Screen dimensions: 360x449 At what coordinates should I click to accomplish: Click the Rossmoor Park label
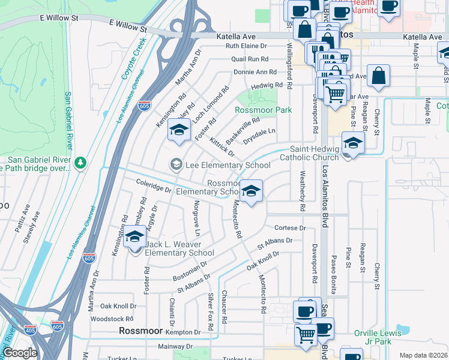click(264, 110)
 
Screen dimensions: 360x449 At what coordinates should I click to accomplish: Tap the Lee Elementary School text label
click(228, 165)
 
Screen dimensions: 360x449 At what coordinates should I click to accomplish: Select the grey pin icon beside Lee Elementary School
click(176, 164)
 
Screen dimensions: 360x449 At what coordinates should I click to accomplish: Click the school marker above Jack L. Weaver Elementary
click(134, 236)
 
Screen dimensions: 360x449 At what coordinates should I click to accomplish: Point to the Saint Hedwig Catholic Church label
click(315, 153)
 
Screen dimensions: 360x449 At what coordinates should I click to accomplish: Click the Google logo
click(19, 353)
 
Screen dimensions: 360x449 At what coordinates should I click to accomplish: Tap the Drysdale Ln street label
click(260, 131)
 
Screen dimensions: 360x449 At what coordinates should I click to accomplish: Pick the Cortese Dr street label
click(290, 228)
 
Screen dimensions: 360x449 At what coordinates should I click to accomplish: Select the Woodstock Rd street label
click(116, 319)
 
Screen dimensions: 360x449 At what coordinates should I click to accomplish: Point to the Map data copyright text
click(423, 355)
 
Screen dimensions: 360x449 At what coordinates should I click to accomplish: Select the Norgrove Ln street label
click(196, 219)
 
